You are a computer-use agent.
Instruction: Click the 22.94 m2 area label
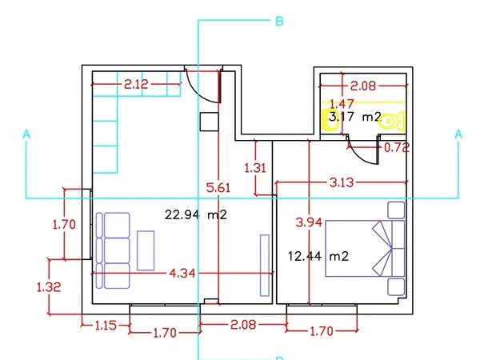pyautogui.click(x=196, y=214)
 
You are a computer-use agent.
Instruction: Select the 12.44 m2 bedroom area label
pyautogui.click(x=318, y=256)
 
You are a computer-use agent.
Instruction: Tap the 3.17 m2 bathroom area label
pyautogui.click(x=355, y=117)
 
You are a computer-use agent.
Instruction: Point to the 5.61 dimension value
pyautogui.click(x=218, y=188)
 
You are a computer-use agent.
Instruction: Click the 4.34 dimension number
pyautogui.click(x=182, y=273)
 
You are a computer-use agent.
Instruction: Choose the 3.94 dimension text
pyautogui.click(x=309, y=222)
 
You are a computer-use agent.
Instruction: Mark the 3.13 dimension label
pyautogui.click(x=342, y=182)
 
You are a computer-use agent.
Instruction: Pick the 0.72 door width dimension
pyautogui.click(x=397, y=148)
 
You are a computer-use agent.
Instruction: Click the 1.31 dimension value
pyautogui.click(x=255, y=168)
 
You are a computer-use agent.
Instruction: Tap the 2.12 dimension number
pyautogui.click(x=136, y=84)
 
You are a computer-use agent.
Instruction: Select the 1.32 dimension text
pyautogui.click(x=49, y=287)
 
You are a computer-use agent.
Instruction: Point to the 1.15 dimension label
pyautogui.click(x=106, y=325)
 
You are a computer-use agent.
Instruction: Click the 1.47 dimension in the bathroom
pyautogui.click(x=342, y=104)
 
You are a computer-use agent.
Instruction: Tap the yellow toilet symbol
pyautogui.click(x=392, y=121)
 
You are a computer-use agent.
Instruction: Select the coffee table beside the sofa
pyautogui.click(x=146, y=250)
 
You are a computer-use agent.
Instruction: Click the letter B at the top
pyautogui.click(x=279, y=22)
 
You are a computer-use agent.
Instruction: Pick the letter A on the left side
pyautogui.click(x=26, y=134)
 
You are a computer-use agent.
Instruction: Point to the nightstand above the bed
pyautogui.click(x=396, y=210)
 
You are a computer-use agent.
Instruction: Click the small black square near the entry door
pyautogui.click(x=209, y=122)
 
